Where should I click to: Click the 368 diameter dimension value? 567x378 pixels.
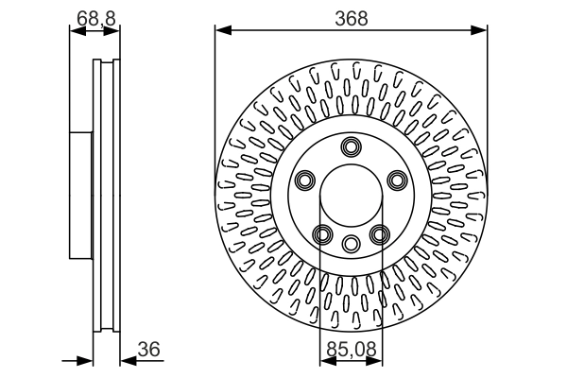pos(352,18)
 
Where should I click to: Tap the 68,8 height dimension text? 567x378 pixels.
pos(94,18)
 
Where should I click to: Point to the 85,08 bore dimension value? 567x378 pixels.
pos(352,349)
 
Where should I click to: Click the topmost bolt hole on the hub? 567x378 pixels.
pos(352,146)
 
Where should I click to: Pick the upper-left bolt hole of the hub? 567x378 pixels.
pos(304,180)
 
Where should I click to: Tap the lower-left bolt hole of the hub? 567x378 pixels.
pos(322,234)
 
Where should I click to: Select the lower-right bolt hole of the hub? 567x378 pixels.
pos(380,234)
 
